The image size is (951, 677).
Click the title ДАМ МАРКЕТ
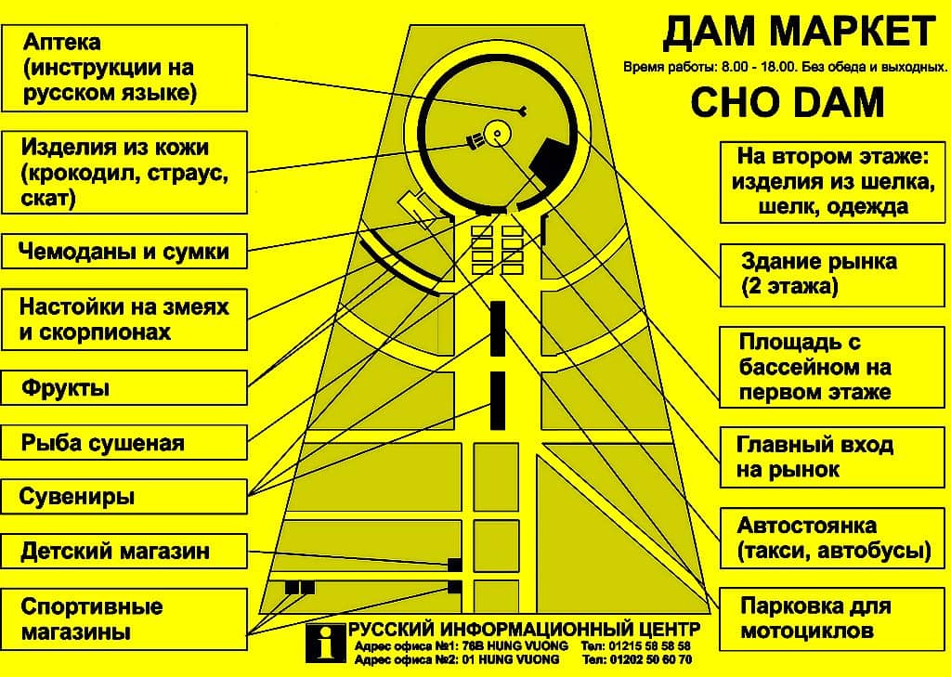click(798, 33)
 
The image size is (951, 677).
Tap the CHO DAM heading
click(788, 102)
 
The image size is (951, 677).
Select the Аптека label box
click(124, 68)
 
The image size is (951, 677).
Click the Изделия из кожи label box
click(124, 173)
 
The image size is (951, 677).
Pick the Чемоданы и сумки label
click(124, 251)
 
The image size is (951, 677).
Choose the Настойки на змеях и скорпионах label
click(124, 319)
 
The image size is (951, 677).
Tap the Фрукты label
click(124, 387)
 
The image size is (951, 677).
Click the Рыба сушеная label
click(124, 442)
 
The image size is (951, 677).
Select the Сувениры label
click(124, 497)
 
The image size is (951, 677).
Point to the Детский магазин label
click(124, 552)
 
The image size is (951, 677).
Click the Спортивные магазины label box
click(124, 618)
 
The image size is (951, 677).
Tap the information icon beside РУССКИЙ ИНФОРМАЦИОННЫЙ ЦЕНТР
click(326, 643)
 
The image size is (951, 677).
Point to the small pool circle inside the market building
click(497, 134)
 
